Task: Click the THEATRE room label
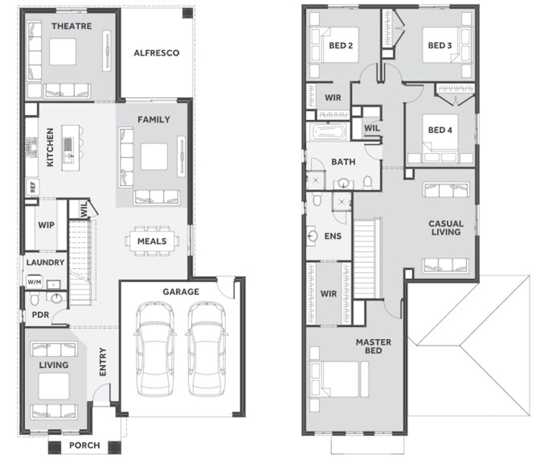coord(72,26)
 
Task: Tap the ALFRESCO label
coord(156,53)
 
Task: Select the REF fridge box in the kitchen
coord(32,187)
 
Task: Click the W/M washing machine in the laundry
coord(34,282)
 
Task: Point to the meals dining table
coord(152,241)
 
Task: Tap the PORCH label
coord(84,445)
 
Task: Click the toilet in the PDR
coord(34,299)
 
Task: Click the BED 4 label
coord(440,130)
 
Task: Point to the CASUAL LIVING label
coord(446,228)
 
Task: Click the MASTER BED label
coord(373,346)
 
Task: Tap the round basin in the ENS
coord(312,236)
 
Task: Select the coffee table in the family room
coord(154,157)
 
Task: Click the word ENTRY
coord(103,361)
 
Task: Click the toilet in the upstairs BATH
coord(367,182)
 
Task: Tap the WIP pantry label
coord(46,225)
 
